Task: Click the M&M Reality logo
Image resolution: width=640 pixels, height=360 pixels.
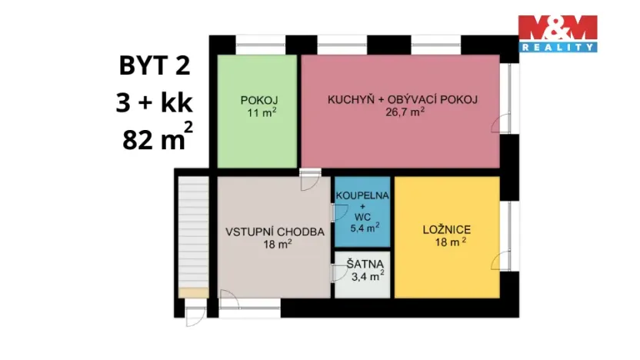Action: (557, 33)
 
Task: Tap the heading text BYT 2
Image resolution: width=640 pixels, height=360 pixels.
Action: (154, 66)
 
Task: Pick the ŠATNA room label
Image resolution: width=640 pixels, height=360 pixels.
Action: (362, 264)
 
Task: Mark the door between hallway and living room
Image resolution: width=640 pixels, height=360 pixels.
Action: (310, 179)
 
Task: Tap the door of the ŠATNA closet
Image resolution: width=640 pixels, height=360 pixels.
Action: (338, 272)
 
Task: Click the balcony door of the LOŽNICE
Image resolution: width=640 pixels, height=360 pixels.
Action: (502, 258)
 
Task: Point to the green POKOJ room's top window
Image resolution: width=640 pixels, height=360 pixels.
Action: (256, 40)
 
